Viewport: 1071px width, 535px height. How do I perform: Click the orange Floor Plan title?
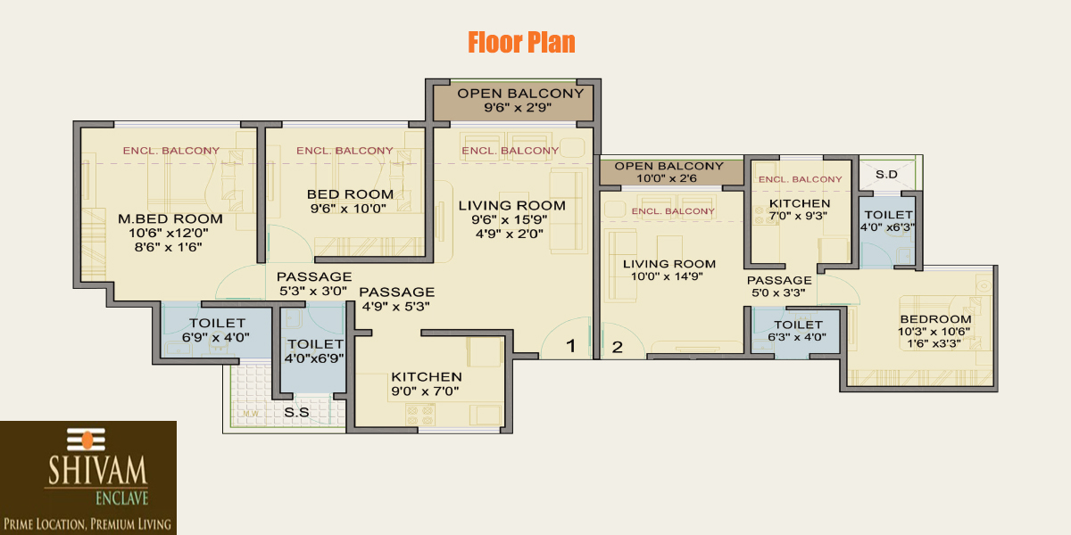(521, 42)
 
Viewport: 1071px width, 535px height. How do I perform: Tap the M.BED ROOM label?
(170, 218)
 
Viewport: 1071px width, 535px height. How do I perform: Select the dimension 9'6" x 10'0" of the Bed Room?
(348, 209)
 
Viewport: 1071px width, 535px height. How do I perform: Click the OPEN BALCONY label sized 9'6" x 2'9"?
(520, 93)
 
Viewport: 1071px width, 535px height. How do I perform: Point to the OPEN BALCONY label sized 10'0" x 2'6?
(668, 166)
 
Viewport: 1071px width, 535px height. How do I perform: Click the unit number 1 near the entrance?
(570, 345)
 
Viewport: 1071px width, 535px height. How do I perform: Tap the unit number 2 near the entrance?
(618, 347)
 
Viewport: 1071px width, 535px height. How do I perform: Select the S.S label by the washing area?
(296, 412)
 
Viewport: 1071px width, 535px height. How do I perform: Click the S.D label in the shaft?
(886, 175)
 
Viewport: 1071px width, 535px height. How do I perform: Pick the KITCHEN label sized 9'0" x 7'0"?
(427, 377)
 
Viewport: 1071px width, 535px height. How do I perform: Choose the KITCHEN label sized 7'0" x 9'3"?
(800, 203)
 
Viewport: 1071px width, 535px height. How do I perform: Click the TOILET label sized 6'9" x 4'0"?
(217, 323)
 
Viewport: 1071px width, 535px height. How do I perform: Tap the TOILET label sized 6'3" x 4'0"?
(798, 325)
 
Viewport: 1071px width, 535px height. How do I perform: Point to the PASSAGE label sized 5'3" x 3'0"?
(314, 276)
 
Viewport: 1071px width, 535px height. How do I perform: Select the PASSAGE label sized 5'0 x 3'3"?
(779, 280)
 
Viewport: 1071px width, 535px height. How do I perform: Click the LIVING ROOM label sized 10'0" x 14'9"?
(668, 264)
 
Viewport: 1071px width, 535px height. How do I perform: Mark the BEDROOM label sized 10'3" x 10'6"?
(935, 319)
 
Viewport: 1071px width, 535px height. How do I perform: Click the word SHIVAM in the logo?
(97, 471)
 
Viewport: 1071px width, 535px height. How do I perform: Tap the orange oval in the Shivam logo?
(87, 440)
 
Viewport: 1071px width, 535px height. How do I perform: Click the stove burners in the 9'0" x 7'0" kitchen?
(419, 415)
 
